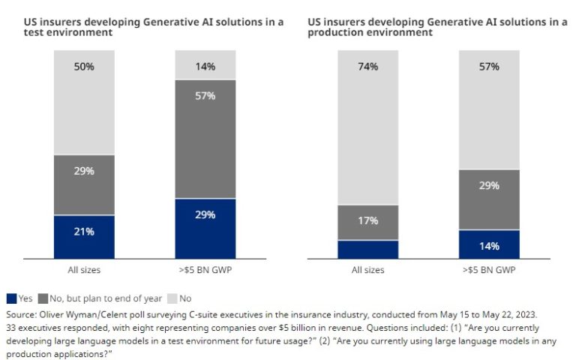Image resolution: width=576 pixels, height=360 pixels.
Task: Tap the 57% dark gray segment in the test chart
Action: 205,139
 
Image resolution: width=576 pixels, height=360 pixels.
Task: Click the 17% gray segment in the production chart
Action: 367,222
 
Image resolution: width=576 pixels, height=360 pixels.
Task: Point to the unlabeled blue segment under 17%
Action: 367,250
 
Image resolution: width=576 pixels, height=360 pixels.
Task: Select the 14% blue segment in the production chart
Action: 489,244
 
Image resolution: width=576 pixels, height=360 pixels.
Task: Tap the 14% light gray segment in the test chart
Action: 205,66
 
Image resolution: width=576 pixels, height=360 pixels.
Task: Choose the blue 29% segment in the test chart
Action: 205,229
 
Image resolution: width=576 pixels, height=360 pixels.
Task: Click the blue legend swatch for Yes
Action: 11,298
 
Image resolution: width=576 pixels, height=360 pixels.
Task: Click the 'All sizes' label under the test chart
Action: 84,270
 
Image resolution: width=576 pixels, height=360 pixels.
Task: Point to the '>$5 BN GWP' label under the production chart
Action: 489,270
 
